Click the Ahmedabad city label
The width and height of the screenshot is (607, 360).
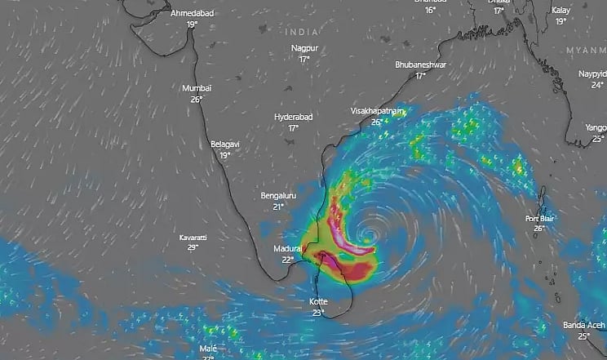192,14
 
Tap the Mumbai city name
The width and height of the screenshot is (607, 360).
197,88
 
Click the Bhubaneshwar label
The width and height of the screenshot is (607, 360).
420,64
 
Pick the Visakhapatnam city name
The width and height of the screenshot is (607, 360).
377,110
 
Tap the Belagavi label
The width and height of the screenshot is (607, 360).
225,144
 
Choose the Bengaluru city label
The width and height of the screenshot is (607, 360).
277,196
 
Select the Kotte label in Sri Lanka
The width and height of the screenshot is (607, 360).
317,301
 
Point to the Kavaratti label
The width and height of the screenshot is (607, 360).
193,237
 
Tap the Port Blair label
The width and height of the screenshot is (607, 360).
539,218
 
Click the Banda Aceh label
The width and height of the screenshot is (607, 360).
583,325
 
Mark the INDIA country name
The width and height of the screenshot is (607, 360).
302,31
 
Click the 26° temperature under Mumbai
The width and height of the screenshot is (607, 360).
197,99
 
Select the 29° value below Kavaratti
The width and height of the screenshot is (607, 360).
193,247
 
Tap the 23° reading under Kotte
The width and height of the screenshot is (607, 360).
317,312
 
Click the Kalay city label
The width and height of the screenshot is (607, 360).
560,11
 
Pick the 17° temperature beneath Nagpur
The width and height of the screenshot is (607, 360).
304,59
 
